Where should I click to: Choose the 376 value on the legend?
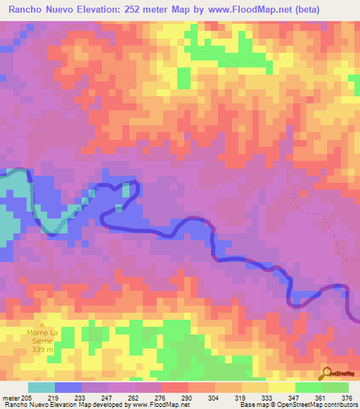[347, 397]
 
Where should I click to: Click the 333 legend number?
[267, 397]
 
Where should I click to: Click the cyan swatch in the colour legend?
[41, 387]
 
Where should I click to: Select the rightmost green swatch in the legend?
[335, 387]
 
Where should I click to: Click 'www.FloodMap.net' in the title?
[229, 10]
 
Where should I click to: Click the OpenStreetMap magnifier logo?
[326, 373]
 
